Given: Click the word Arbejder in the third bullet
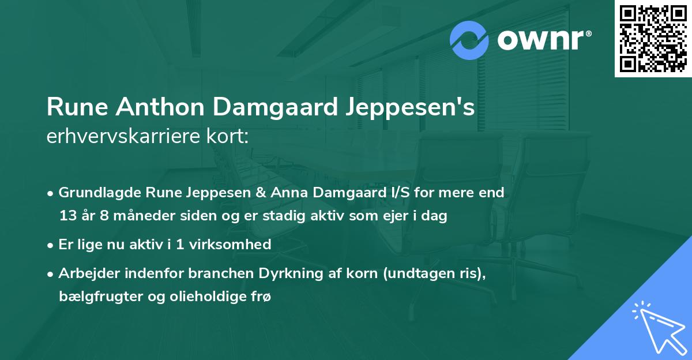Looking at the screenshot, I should coord(85,273).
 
